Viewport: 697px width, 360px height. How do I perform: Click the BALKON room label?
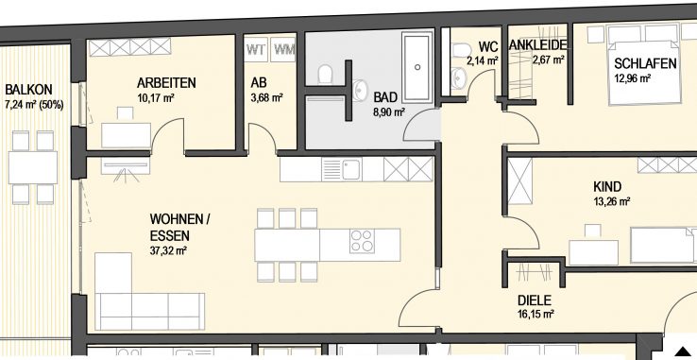point(28,90)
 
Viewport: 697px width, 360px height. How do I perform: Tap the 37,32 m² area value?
point(168,251)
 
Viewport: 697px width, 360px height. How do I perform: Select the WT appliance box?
point(256,49)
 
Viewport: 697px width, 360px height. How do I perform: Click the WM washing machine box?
point(282,49)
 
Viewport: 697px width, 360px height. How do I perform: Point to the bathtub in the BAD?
point(416,67)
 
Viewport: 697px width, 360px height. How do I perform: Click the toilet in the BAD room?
point(326,74)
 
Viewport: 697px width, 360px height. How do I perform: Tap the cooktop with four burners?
point(362,241)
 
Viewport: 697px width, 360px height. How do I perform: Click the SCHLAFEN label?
point(645,63)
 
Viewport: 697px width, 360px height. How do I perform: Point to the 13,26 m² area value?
point(612,202)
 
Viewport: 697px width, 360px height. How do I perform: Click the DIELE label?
point(535,300)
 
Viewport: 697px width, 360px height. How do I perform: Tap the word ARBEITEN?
point(166,83)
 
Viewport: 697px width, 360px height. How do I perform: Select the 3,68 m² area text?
point(266,98)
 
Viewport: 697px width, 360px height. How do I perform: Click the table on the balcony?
point(33,167)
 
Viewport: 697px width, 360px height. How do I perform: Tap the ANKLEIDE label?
point(538,45)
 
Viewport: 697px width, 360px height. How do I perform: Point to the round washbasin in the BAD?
point(359,88)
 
